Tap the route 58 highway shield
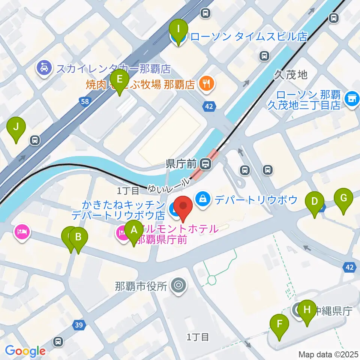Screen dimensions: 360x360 pos(84,100)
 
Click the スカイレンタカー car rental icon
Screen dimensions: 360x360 pos(44,68)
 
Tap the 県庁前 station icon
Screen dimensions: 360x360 pos(205,163)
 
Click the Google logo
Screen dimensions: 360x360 pos(25,351)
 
